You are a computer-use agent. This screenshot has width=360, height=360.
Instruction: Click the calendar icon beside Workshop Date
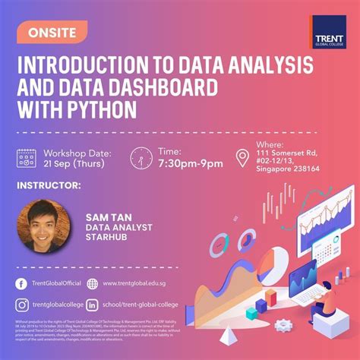pyautogui.click(x=27, y=158)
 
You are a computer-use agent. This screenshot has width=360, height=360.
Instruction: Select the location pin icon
pyautogui.click(x=242, y=158)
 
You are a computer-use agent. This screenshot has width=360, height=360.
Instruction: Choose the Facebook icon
pyautogui.click(x=21, y=284)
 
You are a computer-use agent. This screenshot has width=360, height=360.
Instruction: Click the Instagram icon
pyautogui.click(x=21, y=305)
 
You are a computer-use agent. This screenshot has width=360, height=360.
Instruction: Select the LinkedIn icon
pyautogui.click(x=93, y=305)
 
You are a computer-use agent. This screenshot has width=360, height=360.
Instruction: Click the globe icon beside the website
pyautogui.click(x=93, y=284)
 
